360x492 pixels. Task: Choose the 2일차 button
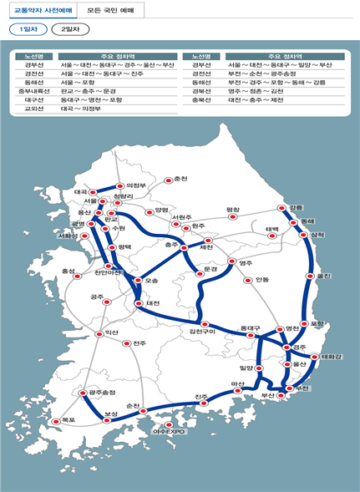click(70, 28)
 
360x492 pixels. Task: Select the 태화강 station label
click(332, 357)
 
